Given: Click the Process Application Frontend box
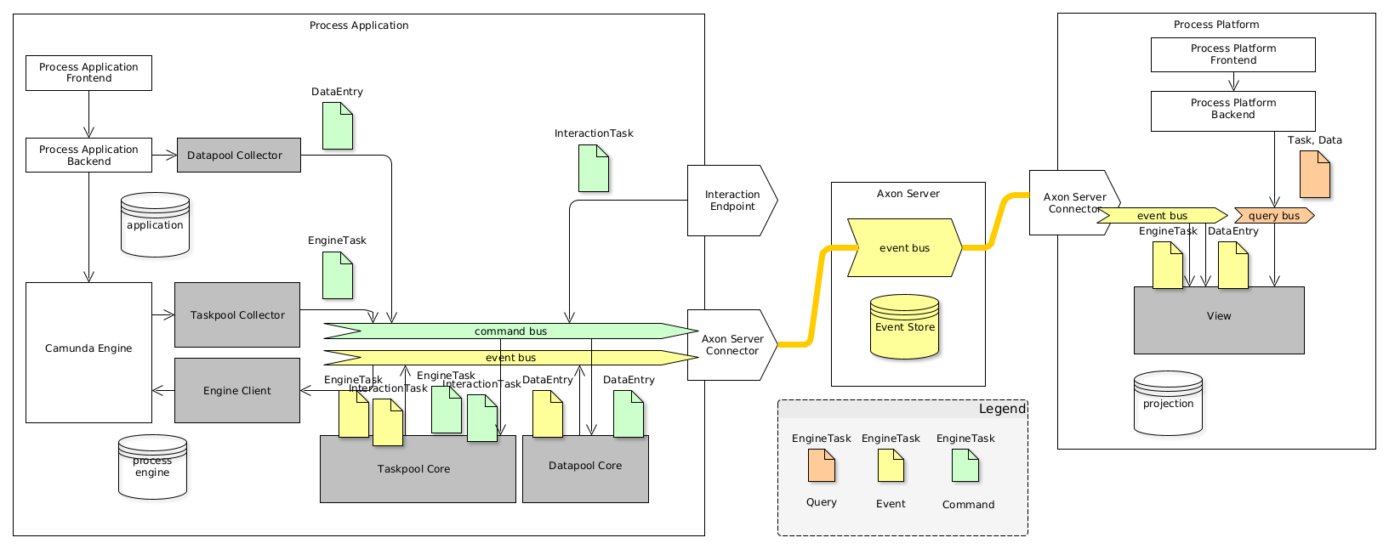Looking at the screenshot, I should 88,73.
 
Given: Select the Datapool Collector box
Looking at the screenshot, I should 238,156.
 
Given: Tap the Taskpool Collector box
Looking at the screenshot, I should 237,315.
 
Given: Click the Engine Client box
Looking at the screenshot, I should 237,391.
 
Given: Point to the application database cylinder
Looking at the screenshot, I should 155,226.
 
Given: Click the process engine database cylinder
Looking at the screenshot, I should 152,467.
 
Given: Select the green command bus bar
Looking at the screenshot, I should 510,331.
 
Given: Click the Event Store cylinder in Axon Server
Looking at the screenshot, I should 904,328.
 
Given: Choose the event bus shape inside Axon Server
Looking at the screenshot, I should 904,248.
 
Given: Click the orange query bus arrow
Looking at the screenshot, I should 1273,216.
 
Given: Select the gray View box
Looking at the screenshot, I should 1218,320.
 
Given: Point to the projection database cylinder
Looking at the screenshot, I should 1168,405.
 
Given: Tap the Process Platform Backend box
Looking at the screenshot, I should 1232,110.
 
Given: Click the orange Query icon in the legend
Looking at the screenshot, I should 822,466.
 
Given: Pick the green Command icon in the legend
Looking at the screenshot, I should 965,466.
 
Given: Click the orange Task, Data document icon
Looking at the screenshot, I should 1314,174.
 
